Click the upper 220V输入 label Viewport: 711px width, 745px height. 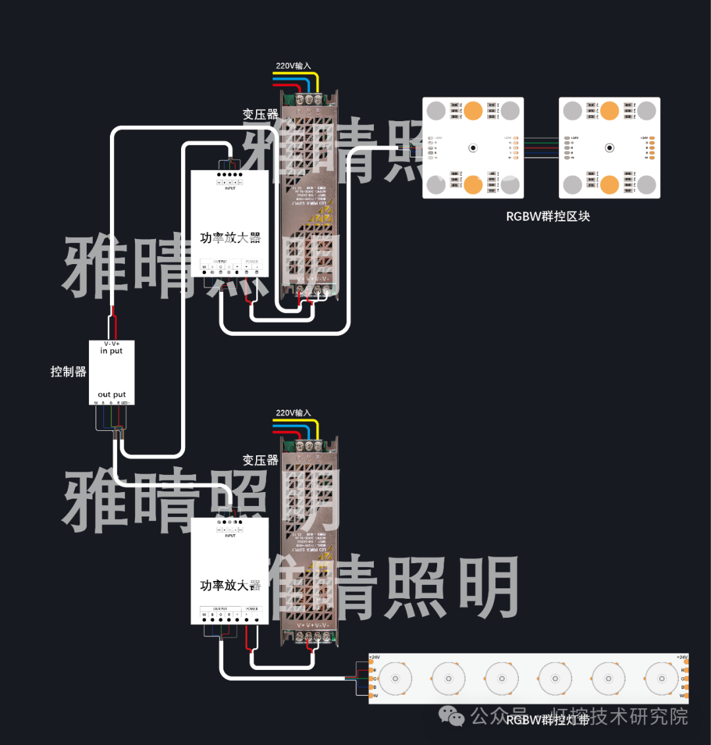pyautogui.click(x=293, y=66)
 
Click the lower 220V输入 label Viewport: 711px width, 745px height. pyautogui.click(x=293, y=413)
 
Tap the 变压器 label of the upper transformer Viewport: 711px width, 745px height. pyautogui.click(x=260, y=115)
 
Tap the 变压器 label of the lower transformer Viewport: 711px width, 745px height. pyautogui.click(x=260, y=460)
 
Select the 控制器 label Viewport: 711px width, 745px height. pyautogui.click(x=68, y=372)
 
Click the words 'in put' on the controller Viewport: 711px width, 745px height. pyautogui.click(x=111, y=351)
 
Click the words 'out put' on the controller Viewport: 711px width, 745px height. pyautogui.click(x=112, y=395)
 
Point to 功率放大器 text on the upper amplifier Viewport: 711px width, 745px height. pyautogui.click(x=230, y=238)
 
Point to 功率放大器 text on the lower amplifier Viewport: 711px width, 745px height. pyautogui.click(x=230, y=585)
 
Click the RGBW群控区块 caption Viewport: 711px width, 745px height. pyautogui.click(x=548, y=216)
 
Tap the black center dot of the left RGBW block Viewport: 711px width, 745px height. pyautogui.click(x=473, y=148)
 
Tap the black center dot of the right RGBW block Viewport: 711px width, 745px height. pyautogui.click(x=610, y=148)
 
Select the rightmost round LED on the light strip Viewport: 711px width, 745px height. pyautogui.click(x=660, y=678)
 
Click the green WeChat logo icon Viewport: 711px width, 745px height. pyautogui.click(x=452, y=715)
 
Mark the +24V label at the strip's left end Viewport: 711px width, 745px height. pyautogui.click(x=374, y=657)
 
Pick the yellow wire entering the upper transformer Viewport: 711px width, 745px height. pyautogui.click(x=317, y=82)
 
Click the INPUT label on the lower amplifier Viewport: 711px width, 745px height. pyautogui.click(x=230, y=536)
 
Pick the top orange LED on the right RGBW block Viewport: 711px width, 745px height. pyautogui.click(x=610, y=110)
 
